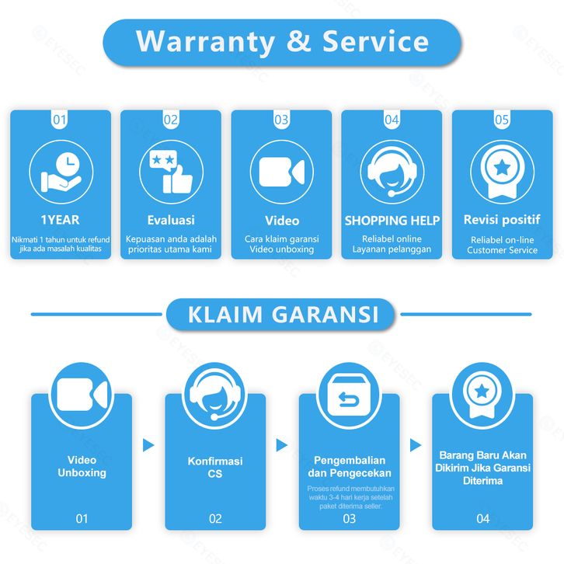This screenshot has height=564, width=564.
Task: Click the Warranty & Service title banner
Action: click(x=282, y=42)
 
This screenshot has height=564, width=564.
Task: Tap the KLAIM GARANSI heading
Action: click(x=282, y=315)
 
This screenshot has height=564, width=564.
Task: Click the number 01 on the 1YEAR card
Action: click(x=60, y=120)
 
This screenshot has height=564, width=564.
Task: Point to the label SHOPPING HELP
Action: click(x=392, y=220)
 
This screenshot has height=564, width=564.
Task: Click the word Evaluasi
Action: click(x=171, y=220)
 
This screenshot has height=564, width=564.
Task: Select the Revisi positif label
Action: click(x=502, y=220)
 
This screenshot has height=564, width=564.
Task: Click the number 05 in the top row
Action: click(x=502, y=120)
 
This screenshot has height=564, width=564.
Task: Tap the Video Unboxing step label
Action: click(x=82, y=466)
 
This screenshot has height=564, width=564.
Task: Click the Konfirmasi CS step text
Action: click(x=215, y=467)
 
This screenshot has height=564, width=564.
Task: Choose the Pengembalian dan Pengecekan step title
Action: click(x=350, y=466)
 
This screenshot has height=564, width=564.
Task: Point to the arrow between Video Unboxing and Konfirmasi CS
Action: click(x=148, y=445)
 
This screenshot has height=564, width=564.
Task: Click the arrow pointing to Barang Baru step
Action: click(x=416, y=445)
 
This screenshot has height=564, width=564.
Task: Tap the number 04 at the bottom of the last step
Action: click(x=483, y=518)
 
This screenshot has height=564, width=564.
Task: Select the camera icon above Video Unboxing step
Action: click(x=82, y=396)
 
